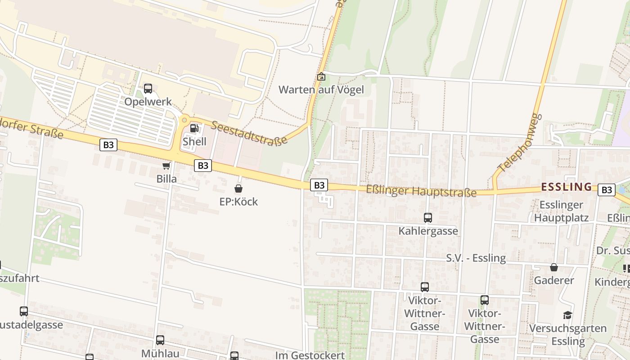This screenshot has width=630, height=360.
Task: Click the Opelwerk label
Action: [148, 102]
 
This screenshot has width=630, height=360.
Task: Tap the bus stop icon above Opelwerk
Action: [148, 89]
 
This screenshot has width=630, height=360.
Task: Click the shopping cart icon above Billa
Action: [166, 166]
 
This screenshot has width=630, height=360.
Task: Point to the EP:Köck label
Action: [238, 202]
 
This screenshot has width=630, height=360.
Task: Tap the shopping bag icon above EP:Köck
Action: [238, 189]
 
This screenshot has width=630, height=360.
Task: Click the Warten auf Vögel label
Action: [321, 90]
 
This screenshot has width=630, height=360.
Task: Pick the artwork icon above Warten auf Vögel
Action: [321, 77]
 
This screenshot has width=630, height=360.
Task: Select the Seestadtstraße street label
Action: [249, 134]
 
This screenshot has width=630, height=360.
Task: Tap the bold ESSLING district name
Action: [566, 187]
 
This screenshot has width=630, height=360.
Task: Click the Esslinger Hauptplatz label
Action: [561, 211]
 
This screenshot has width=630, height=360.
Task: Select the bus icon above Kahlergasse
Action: [427, 218]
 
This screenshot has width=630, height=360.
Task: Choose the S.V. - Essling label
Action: [476, 258]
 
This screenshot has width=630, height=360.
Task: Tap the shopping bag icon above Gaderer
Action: [554, 268]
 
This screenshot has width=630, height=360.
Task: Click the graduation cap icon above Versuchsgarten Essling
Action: [567, 315]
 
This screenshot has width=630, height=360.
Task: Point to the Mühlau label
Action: [160, 353]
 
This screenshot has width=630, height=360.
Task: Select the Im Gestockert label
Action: [310, 355]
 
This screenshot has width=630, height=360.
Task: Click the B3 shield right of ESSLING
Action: [606, 190]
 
